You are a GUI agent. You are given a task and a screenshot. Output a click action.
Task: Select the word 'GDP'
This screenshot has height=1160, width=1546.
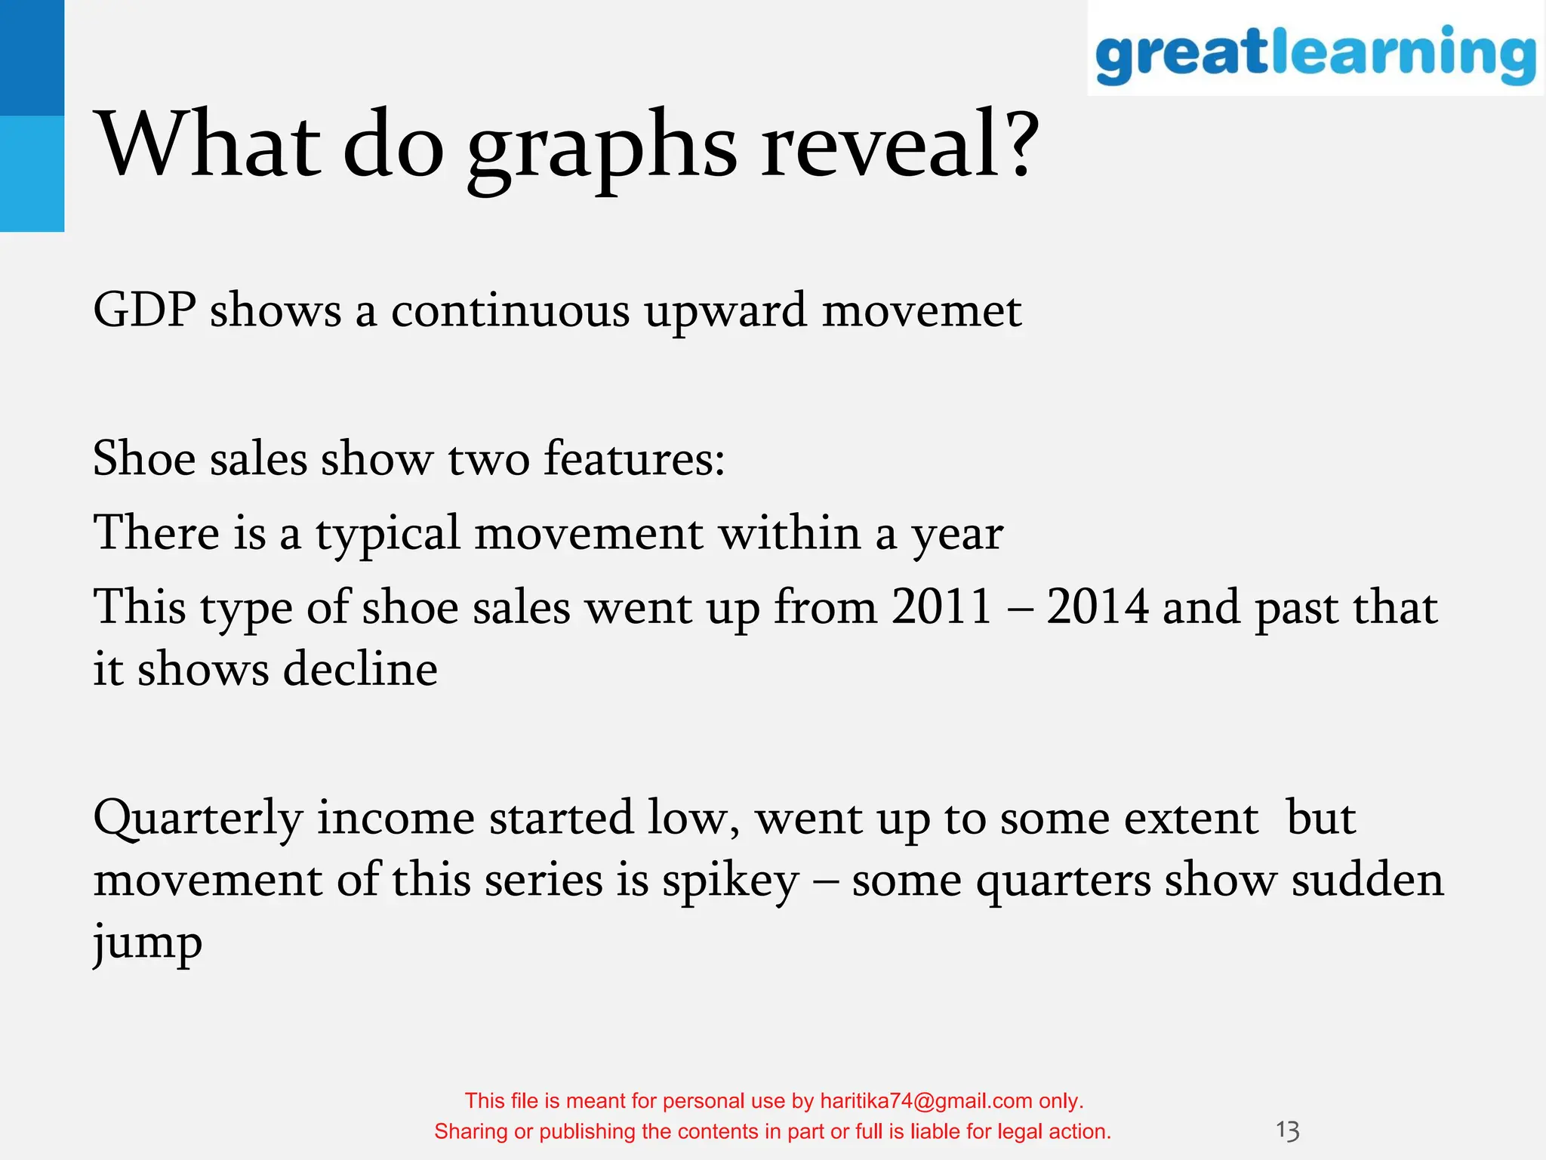(x=145, y=310)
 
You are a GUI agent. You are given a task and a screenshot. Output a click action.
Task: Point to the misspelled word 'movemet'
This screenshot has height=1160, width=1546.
(x=921, y=311)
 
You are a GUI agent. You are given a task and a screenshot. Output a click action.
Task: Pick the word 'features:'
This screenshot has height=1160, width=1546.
(x=634, y=458)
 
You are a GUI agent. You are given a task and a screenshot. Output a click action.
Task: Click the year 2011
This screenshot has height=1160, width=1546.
(x=941, y=606)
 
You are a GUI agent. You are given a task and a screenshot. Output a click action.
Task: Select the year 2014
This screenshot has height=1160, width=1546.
(x=1097, y=606)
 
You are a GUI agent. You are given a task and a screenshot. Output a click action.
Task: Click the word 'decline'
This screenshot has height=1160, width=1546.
(x=360, y=670)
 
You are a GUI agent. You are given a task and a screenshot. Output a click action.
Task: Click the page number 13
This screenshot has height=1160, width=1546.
(x=1287, y=1131)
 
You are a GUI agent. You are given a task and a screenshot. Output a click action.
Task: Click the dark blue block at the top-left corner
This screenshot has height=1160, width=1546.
(x=32, y=57)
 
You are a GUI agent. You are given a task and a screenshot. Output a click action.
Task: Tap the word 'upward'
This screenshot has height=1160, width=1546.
(x=725, y=311)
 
